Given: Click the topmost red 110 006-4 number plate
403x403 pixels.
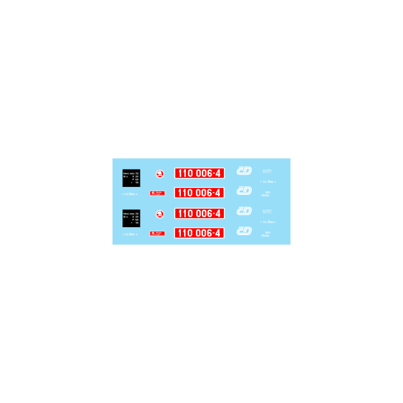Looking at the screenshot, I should click(x=199, y=174).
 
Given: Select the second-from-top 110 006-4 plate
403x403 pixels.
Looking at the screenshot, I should click(x=199, y=193).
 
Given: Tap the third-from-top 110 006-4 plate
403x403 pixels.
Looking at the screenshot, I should click(x=199, y=214).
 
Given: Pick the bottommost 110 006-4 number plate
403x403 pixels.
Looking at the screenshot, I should click(x=199, y=233).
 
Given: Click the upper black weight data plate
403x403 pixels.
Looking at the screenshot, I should click(x=131, y=177).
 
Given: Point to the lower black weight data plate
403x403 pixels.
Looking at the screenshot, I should click(x=131, y=218).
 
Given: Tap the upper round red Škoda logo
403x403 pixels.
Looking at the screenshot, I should click(x=159, y=174).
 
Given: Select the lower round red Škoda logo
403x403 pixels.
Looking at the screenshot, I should click(x=159, y=214).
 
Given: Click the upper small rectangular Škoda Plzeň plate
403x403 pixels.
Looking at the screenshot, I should click(x=157, y=193).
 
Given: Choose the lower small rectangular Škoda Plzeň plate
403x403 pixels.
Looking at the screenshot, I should click(x=157, y=233).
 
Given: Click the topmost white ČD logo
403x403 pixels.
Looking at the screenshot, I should click(x=244, y=171).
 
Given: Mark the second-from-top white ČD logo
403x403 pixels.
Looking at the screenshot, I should click(x=244, y=190).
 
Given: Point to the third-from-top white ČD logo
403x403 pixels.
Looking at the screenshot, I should click(x=244, y=211).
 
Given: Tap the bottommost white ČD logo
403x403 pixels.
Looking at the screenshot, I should click(x=244, y=231).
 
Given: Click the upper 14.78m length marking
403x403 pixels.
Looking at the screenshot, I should click(x=268, y=182).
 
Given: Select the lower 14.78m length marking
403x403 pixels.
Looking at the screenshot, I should click(x=268, y=222).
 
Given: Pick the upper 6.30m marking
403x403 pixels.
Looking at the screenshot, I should click(x=130, y=194).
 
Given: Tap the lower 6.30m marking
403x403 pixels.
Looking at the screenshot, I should click(x=130, y=234).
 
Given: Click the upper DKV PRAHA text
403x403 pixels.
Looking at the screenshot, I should click(x=266, y=194).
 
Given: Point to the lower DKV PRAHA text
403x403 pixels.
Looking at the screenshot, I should click(x=266, y=234).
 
